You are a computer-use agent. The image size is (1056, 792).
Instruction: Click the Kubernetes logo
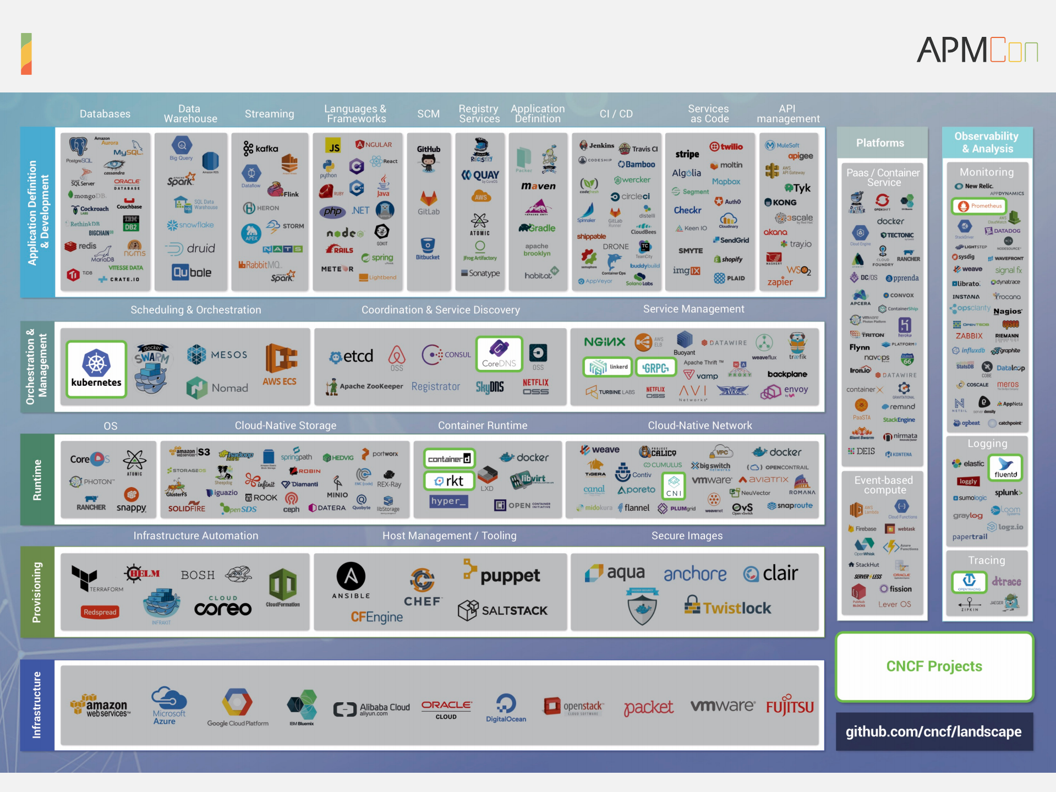click(x=96, y=369)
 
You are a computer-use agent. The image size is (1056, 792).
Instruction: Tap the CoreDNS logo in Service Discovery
click(x=499, y=354)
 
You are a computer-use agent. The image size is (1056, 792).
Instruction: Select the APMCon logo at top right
click(x=977, y=51)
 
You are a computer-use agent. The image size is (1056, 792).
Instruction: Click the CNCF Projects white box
click(x=934, y=667)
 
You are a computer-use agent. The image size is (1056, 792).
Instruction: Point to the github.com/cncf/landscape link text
click(x=933, y=731)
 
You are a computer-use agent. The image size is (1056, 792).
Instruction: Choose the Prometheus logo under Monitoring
click(x=980, y=206)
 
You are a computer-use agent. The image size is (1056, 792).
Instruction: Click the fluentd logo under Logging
click(x=1005, y=467)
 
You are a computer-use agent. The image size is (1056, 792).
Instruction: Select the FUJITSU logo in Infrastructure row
click(x=790, y=706)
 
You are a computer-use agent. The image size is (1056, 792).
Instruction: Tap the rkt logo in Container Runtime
click(x=449, y=481)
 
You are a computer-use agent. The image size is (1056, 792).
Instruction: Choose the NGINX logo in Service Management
click(x=604, y=342)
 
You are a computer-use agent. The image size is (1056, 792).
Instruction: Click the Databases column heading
click(x=105, y=114)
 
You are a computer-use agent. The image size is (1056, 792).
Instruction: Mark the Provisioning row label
click(x=37, y=592)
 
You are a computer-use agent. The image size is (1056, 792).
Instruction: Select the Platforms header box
click(x=880, y=143)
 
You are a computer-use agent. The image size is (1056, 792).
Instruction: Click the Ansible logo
click(x=351, y=581)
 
